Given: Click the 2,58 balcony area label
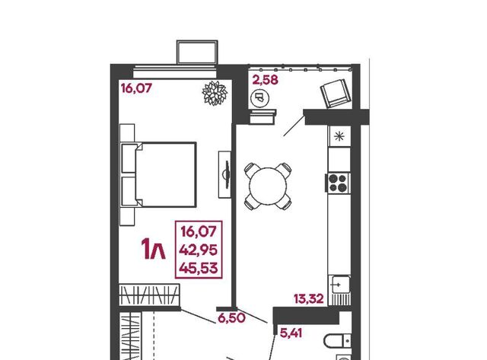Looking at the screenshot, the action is (x=265, y=80).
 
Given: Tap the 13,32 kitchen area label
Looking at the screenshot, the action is (x=309, y=299).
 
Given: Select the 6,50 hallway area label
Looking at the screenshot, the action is (x=231, y=318).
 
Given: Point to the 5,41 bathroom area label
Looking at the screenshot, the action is (x=291, y=333).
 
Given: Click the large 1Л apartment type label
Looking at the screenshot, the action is (x=154, y=249).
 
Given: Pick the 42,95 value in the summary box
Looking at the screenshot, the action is (x=199, y=250).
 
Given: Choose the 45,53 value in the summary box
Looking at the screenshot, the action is (x=199, y=268).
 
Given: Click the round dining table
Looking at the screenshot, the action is (x=268, y=186).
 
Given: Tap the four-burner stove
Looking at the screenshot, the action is (x=338, y=183).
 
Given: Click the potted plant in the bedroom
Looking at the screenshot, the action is (x=215, y=93).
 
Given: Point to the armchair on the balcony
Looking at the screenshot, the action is (x=334, y=93).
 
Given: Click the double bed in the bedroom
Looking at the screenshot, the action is (x=159, y=174).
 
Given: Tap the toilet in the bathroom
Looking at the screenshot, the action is (x=338, y=342).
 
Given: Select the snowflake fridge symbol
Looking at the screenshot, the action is (x=339, y=136).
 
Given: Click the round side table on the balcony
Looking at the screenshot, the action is (x=259, y=98).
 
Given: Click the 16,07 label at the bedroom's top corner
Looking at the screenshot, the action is (x=136, y=88).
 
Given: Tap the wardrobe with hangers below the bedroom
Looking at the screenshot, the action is (x=149, y=295).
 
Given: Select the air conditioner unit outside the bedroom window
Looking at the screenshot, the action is (x=197, y=53).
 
